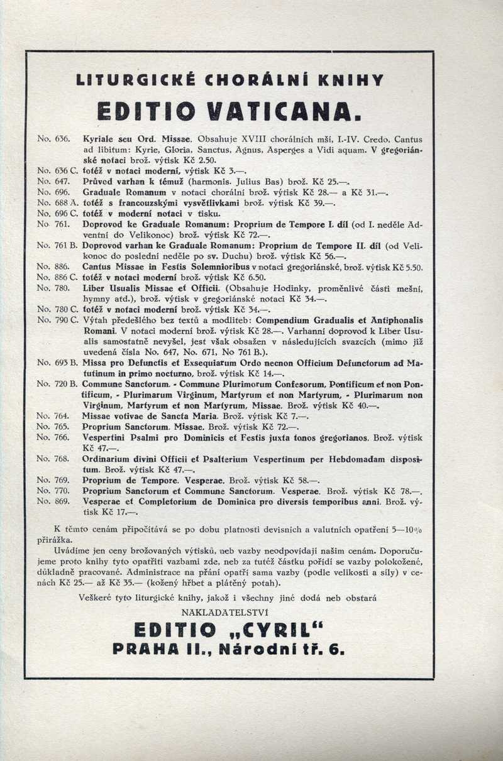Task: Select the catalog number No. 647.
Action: [x=50, y=180]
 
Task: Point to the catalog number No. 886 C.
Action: [x=53, y=277]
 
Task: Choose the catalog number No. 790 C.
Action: [x=53, y=319]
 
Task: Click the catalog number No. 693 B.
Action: [x=53, y=363]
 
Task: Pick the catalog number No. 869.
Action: [x=50, y=501]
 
